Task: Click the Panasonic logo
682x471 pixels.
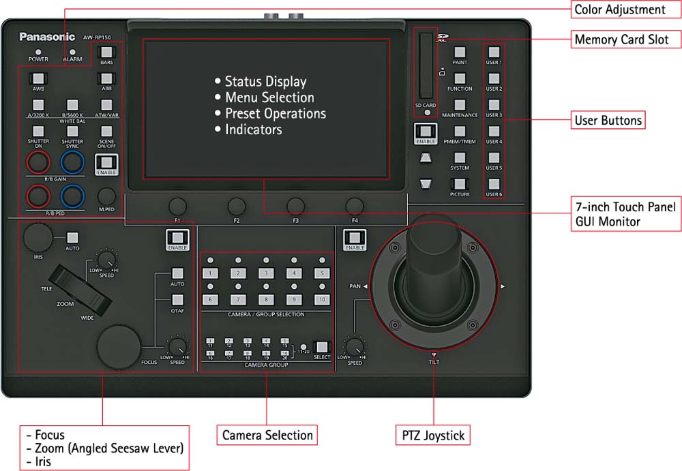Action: click(46, 37)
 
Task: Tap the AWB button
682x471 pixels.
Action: click(38, 78)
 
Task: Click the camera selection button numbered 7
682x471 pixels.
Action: click(237, 299)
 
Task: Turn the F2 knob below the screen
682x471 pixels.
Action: click(237, 206)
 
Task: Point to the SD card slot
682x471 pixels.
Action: click(426, 65)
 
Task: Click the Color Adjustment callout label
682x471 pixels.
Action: click(619, 10)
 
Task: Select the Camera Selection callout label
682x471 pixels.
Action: click(267, 435)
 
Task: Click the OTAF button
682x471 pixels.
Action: click(177, 299)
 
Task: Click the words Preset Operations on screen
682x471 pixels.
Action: click(275, 113)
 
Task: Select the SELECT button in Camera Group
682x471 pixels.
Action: click(321, 347)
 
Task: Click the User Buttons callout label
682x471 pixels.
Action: click(608, 121)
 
